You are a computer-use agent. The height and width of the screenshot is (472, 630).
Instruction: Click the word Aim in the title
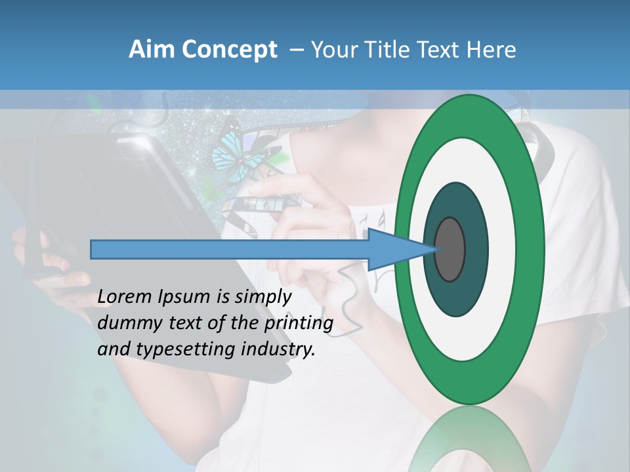point(152,50)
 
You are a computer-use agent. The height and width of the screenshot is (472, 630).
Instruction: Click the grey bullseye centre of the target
point(450,249)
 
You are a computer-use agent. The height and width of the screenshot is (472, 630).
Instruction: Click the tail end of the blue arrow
point(93,249)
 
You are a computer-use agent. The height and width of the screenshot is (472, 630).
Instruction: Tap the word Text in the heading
point(438,50)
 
